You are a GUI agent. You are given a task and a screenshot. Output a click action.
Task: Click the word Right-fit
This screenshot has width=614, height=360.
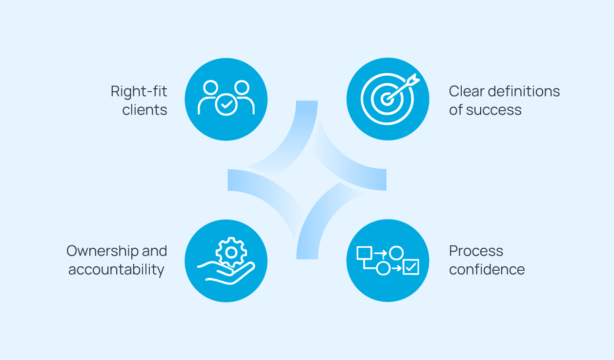(139, 91)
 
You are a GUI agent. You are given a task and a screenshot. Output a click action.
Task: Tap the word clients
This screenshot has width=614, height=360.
(144, 110)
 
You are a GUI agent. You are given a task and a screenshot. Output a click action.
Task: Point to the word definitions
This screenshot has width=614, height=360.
(525, 91)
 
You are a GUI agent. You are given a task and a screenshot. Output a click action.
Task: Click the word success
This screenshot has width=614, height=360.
(494, 110)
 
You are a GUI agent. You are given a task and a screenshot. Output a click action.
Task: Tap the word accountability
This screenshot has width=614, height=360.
(116, 269)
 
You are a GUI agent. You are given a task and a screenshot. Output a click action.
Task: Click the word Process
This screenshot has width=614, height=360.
(476, 251)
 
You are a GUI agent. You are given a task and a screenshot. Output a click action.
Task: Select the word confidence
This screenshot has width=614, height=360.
(487, 269)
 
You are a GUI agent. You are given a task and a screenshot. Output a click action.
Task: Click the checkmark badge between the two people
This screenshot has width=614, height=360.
(226, 104)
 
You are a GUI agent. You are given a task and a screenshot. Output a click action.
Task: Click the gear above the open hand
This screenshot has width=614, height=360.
(231, 252)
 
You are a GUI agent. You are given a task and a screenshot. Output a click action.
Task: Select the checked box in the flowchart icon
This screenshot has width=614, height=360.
(411, 267)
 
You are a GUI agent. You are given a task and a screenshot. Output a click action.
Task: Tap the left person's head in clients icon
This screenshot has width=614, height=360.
(211, 88)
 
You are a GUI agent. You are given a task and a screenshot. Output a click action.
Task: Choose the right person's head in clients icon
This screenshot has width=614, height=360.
(242, 88)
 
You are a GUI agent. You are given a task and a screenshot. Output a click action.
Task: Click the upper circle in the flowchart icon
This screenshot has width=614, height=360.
(396, 253)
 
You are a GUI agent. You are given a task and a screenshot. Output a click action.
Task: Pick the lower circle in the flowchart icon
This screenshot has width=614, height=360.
(384, 268)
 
